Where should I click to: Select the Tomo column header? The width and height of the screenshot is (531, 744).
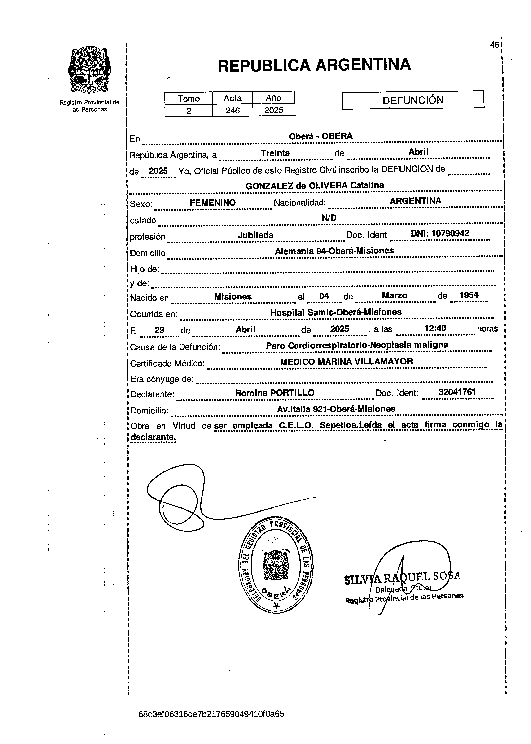point(189,98)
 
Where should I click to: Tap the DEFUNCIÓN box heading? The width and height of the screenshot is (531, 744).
point(413,100)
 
